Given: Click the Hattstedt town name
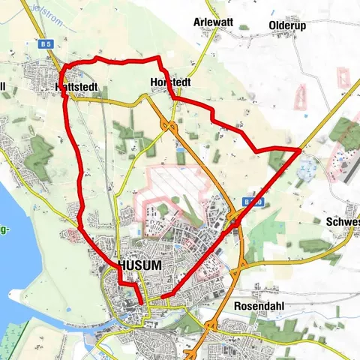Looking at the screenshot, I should pos(77,88).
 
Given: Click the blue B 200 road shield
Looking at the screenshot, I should pos(253,202).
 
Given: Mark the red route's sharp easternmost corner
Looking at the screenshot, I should pos(299,151).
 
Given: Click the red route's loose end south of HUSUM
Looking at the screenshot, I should pos(139,303).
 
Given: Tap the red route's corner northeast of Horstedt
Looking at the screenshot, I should pos(157,58).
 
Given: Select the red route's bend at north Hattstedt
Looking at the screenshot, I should pos(67,68).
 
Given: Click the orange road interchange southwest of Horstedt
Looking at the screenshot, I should pos(172,126).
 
